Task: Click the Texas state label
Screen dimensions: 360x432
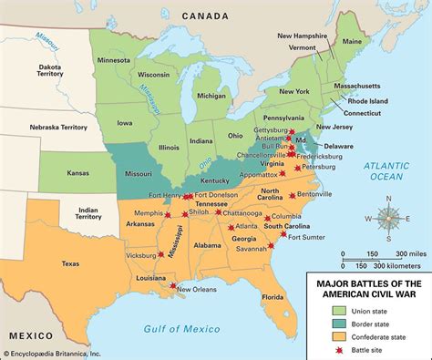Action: [x=69, y=263]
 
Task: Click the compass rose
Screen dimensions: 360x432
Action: [x=389, y=220]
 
